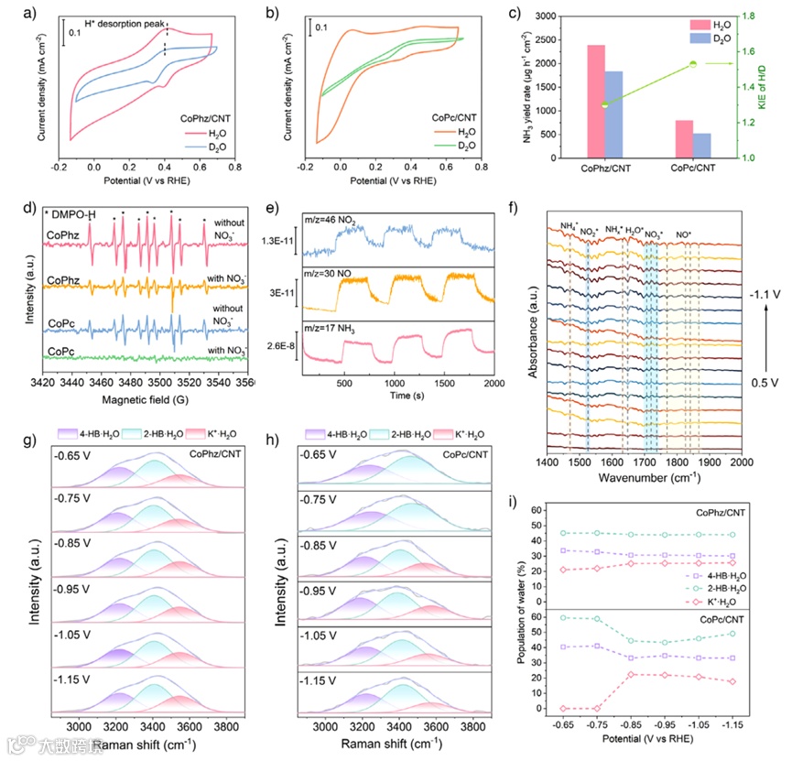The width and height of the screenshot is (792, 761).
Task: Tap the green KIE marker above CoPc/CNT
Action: point(693,64)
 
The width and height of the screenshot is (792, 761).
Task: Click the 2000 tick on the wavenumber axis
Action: point(741,463)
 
